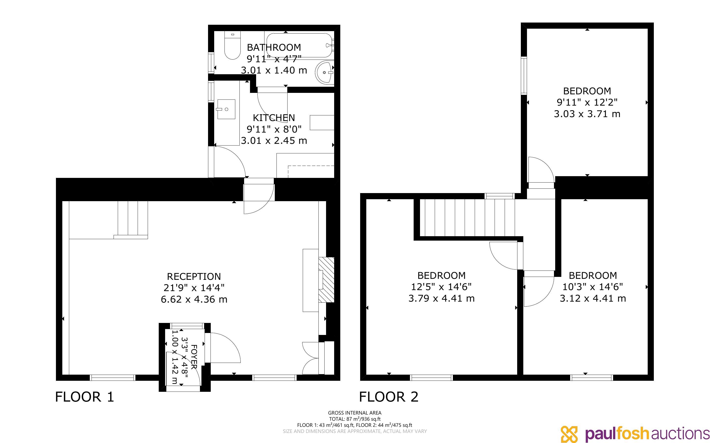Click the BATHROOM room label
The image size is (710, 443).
pos(274,47)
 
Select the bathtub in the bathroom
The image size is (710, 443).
pos(300,45)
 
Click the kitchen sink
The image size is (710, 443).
pos(226,109)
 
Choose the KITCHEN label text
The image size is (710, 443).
pos(274,118)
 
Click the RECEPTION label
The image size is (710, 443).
pos(194,276)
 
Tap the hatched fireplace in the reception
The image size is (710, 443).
pos(326,280)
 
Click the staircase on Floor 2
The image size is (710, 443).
pos(467,217)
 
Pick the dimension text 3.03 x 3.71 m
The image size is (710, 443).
pos(587,114)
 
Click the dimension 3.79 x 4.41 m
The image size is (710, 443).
pos(441,298)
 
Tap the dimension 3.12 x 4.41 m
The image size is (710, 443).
pos(593,298)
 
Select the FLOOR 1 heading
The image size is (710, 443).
pos(84,397)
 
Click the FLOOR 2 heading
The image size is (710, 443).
pos(389,397)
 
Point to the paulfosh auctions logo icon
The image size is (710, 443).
pos(569,434)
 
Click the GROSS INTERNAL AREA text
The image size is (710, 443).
pos(355,413)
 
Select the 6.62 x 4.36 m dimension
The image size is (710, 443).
pos(194,299)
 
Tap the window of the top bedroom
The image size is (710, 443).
pos(524,76)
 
